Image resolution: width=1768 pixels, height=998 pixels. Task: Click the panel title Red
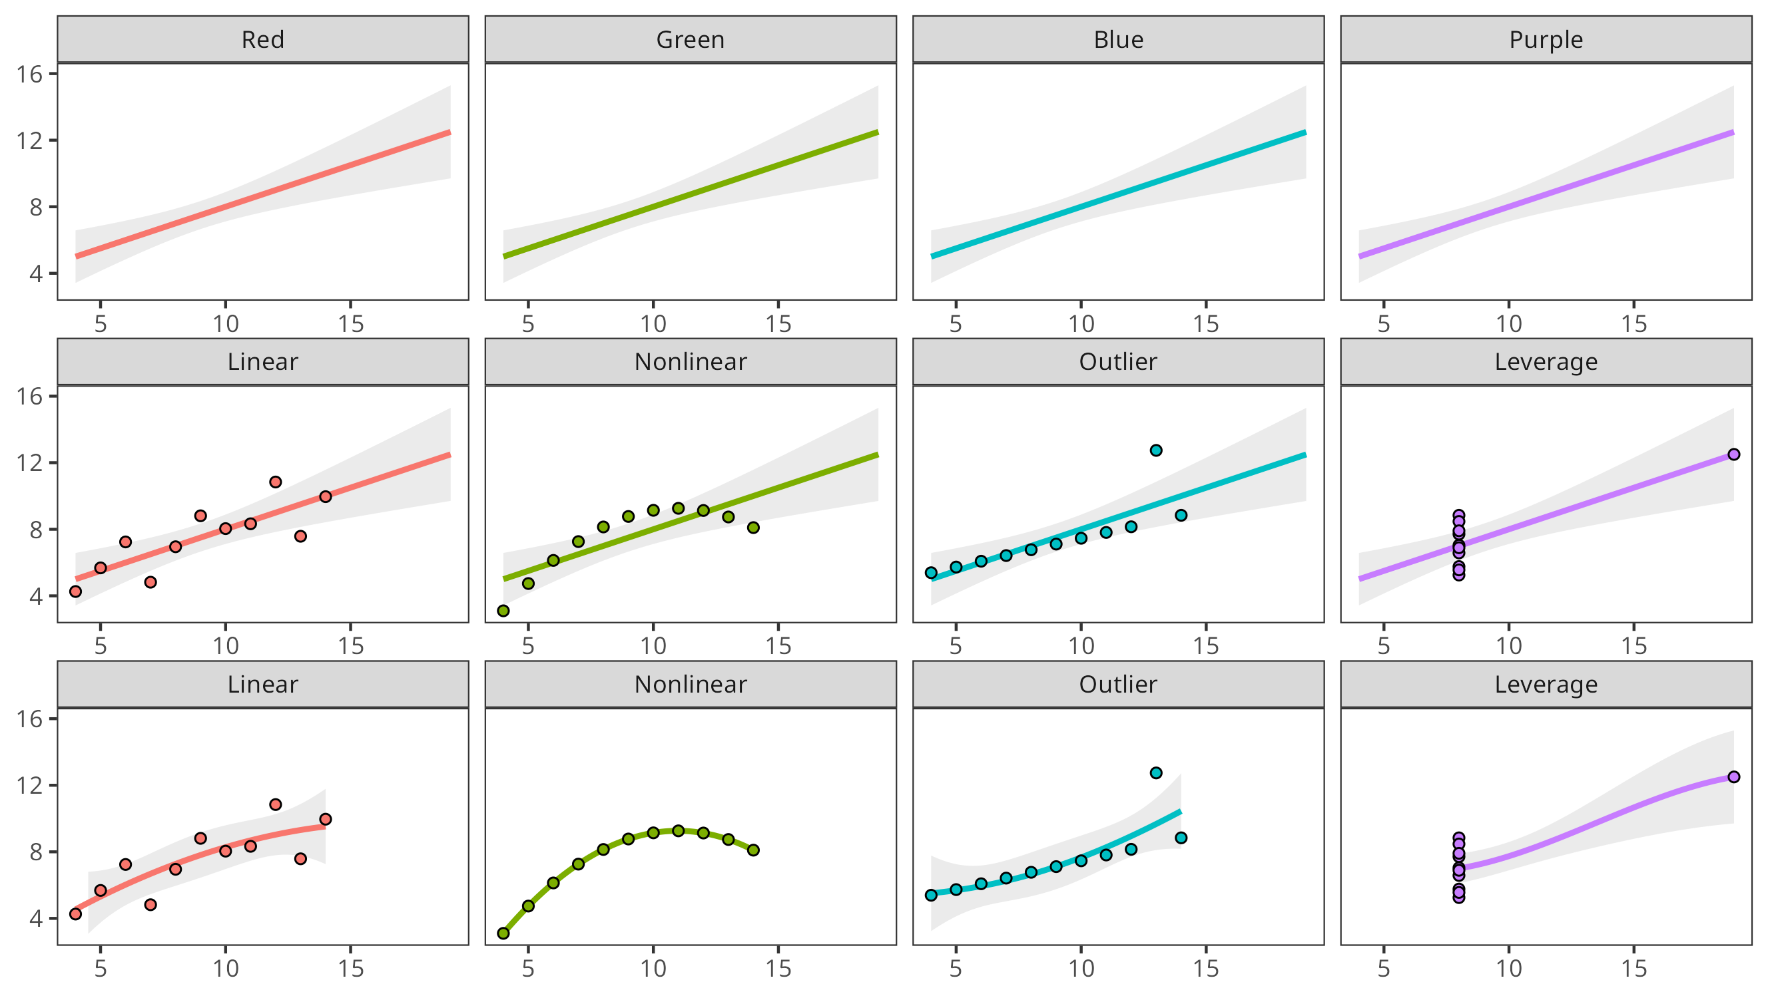pos(263,40)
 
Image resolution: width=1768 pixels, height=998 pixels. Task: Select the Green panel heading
pos(691,40)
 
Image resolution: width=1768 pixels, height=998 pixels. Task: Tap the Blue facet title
pos(1118,40)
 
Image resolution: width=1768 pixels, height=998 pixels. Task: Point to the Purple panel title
pos(1546,40)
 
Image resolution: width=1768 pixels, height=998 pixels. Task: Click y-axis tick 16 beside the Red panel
pos(29,74)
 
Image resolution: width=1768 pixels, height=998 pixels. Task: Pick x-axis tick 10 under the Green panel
pos(653,324)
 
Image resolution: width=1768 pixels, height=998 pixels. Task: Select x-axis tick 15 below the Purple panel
pos(1633,324)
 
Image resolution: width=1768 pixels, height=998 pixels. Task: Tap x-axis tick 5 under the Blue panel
pos(956,324)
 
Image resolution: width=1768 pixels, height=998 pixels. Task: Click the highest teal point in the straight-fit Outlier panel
pos(1156,450)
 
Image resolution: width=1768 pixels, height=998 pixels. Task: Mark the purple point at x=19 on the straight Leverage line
pos(1733,454)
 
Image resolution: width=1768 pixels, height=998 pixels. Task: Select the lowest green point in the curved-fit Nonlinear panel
pos(503,933)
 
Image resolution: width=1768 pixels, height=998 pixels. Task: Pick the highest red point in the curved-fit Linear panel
pos(275,804)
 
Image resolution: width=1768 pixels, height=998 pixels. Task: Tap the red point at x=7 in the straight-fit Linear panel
pos(150,582)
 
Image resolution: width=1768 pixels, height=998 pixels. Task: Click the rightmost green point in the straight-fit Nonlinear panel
pos(753,528)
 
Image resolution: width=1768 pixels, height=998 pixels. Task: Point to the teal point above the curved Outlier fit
pos(1156,773)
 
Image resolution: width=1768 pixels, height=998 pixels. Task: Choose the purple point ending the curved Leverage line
pos(1733,776)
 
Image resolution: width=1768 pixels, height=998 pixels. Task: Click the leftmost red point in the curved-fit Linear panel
pos(75,914)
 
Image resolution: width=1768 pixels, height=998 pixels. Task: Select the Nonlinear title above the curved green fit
pos(691,684)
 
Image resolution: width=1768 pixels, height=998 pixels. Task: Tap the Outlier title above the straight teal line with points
pos(1118,361)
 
